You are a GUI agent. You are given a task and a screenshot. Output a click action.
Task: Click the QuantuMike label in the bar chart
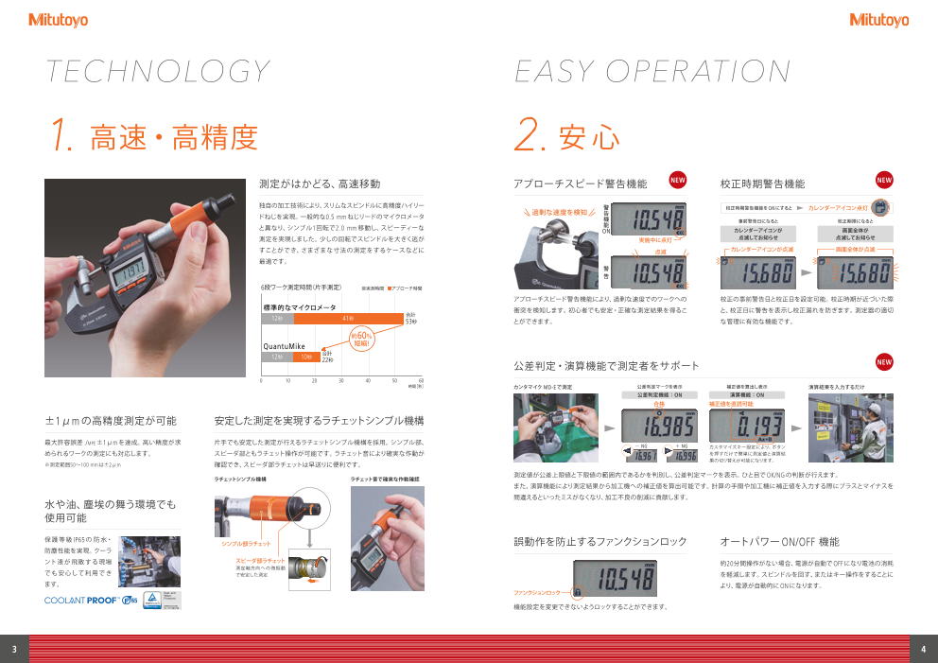[286, 346]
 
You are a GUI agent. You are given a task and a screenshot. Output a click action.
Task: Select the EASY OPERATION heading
[652, 72]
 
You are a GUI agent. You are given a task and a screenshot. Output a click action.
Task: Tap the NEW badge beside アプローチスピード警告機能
[678, 180]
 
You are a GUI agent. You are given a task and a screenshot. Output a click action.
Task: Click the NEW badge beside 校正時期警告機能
[884, 180]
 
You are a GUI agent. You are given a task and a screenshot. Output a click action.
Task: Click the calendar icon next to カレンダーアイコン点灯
[879, 206]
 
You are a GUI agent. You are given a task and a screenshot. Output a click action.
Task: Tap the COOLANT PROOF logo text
[81, 600]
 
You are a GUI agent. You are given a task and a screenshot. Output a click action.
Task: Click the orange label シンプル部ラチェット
[246, 545]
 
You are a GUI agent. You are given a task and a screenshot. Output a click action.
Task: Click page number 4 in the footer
[923, 649]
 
